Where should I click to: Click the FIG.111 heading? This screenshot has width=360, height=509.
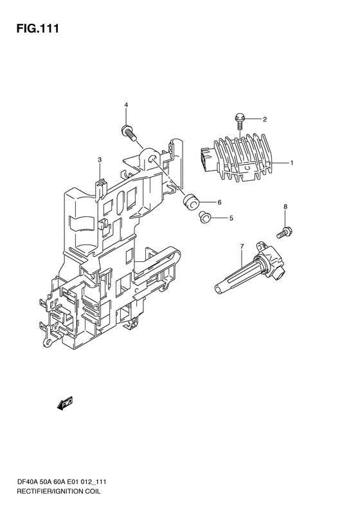coord(38,28)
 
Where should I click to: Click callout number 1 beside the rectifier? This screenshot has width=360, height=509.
coord(292,163)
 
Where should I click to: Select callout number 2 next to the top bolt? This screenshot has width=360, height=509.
coord(265,120)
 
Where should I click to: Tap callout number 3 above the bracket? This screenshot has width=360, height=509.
coord(100,160)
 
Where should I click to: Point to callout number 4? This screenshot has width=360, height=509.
coord(126,104)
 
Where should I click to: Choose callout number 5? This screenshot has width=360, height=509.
coord(231,219)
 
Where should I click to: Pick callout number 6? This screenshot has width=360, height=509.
coord(220,203)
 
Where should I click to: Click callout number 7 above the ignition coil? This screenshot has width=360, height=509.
coord(242,246)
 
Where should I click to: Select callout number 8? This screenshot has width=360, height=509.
coord(285,207)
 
